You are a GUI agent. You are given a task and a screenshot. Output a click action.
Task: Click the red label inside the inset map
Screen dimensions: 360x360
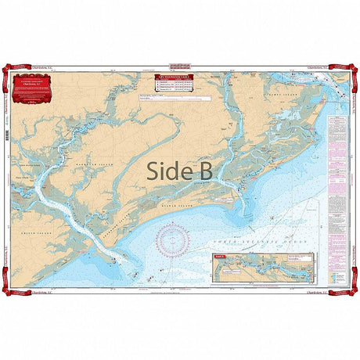pos(221,255)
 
